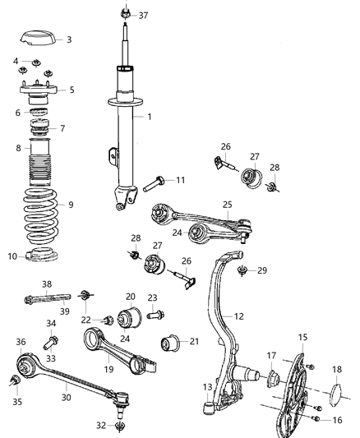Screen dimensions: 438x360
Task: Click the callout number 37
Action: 144,16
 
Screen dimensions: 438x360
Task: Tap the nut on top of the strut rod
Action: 123,13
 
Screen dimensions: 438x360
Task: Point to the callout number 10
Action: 12,256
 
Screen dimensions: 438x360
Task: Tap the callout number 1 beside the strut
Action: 149,117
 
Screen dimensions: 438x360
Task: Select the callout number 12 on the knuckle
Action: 239,316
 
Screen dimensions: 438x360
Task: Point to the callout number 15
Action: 303,337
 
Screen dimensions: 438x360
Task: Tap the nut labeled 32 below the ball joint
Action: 122,426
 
